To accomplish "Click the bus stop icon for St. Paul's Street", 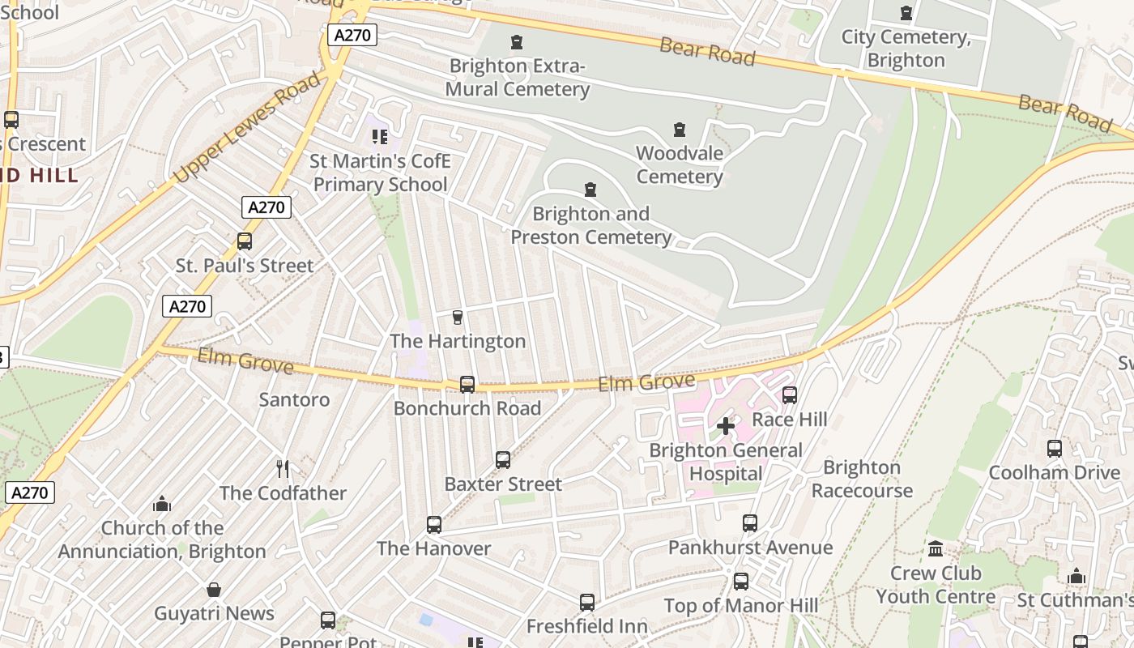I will coord(244,241).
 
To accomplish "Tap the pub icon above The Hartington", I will coord(458,317).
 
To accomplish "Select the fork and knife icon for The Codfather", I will coord(283,468).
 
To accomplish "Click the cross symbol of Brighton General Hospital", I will coord(726,425).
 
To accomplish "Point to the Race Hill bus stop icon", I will coord(790,395).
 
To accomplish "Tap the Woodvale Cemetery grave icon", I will coord(679,129).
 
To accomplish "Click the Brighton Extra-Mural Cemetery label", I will coord(518,77).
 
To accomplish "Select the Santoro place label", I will coord(294,399).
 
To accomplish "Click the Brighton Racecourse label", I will coord(862,479).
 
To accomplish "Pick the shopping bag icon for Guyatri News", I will coord(214,589).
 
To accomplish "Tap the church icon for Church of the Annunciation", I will coord(162,504).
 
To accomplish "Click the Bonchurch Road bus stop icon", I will coord(467,384).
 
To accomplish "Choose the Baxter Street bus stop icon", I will coord(503,460).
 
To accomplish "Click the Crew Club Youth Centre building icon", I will coord(936,549).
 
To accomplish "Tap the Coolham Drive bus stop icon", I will coord(1055,448).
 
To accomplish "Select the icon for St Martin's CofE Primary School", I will coord(380,137).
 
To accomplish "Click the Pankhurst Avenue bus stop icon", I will coord(750,523).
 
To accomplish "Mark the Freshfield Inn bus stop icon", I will coord(587,603).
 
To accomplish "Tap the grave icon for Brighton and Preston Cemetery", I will coord(590,190).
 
